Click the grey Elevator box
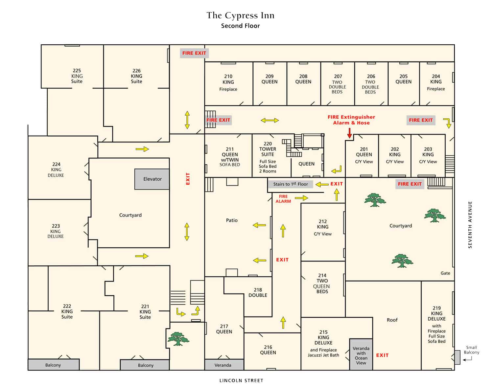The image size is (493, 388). pos(152,179)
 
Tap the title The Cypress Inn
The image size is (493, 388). pos(240,15)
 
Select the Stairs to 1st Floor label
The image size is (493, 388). pos(291,184)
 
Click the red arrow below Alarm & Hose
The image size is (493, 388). pos(349,133)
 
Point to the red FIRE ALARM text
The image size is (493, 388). pos(283,199)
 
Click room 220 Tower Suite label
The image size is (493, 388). pos(268,149)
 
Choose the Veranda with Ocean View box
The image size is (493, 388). pos(361,355)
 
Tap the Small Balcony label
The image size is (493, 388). pos(471,350)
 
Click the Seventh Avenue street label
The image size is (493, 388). pos(470,225)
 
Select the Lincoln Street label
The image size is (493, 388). pos(241,380)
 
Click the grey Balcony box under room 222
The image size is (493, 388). pos(53,365)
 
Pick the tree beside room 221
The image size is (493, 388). pos(178,339)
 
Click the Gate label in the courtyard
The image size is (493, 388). pos(445,273)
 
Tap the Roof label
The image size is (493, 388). pos(392,320)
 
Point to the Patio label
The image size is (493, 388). pos(232,220)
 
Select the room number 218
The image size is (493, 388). pos(258,290)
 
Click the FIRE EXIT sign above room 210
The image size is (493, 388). pos(194,53)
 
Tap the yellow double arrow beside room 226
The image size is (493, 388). pos(187,120)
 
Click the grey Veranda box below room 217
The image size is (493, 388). pos(223,365)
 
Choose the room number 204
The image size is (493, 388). pos(436,76)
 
